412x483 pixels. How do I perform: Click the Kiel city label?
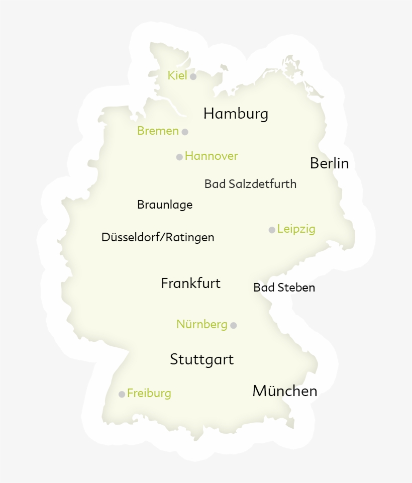pyautogui.click(x=177, y=76)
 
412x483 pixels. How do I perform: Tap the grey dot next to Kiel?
pyautogui.click(x=193, y=76)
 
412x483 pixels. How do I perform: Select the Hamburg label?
pyautogui.click(x=236, y=114)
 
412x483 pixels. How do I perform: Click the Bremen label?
pyautogui.click(x=158, y=131)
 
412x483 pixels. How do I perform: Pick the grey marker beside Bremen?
pyautogui.click(x=185, y=132)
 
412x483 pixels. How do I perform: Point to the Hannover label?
pyautogui.click(x=211, y=156)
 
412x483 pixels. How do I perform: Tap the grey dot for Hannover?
pyautogui.click(x=179, y=157)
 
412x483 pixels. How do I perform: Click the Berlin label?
pyautogui.click(x=329, y=163)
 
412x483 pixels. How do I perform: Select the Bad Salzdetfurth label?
pyautogui.click(x=250, y=184)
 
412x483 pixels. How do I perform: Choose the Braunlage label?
pyautogui.click(x=165, y=205)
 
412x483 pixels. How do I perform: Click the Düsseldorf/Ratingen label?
pyautogui.click(x=158, y=237)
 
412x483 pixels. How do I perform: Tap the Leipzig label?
pyautogui.click(x=296, y=229)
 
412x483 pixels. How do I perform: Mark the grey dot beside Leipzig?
pyautogui.click(x=272, y=230)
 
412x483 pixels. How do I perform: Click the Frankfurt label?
pyautogui.click(x=190, y=283)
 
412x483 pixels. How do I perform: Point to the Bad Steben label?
pyautogui.click(x=284, y=288)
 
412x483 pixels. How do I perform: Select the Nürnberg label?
pyautogui.click(x=201, y=325)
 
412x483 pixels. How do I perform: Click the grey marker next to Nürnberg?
pyautogui.click(x=233, y=325)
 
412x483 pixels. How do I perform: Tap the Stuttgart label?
pyautogui.click(x=201, y=360)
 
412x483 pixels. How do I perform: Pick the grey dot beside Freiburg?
pyautogui.click(x=122, y=394)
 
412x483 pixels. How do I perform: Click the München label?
pyautogui.click(x=284, y=391)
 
